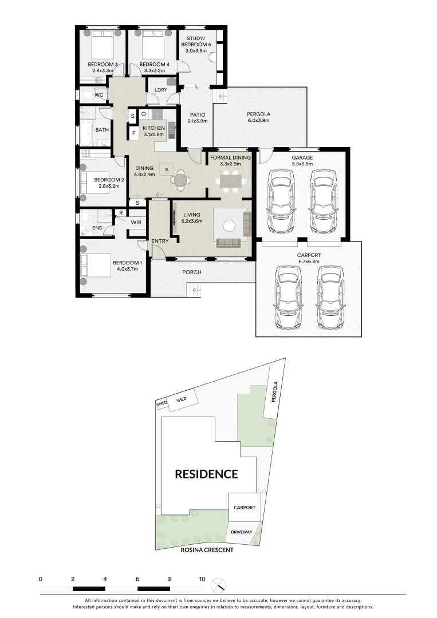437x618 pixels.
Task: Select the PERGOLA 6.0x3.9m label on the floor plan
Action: pyautogui.click(x=258, y=117)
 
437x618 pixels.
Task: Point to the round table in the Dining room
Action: pyautogui.click(x=181, y=180)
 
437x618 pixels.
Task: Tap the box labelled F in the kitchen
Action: pyautogui.click(x=133, y=134)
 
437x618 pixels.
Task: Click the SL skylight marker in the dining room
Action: pyautogui.click(x=167, y=170)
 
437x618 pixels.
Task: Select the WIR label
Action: pyautogui.click(x=136, y=222)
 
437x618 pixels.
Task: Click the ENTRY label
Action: pyautogui.click(x=160, y=241)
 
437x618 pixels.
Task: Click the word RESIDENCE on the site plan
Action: pyautogui.click(x=206, y=474)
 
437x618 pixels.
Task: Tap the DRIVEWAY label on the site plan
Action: pyautogui.click(x=242, y=532)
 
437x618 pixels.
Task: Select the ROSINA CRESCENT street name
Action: pyautogui.click(x=207, y=549)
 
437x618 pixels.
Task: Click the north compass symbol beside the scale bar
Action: pyautogui.click(x=218, y=585)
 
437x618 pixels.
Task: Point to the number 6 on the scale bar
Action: pyautogui.click(x=137, y=579)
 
